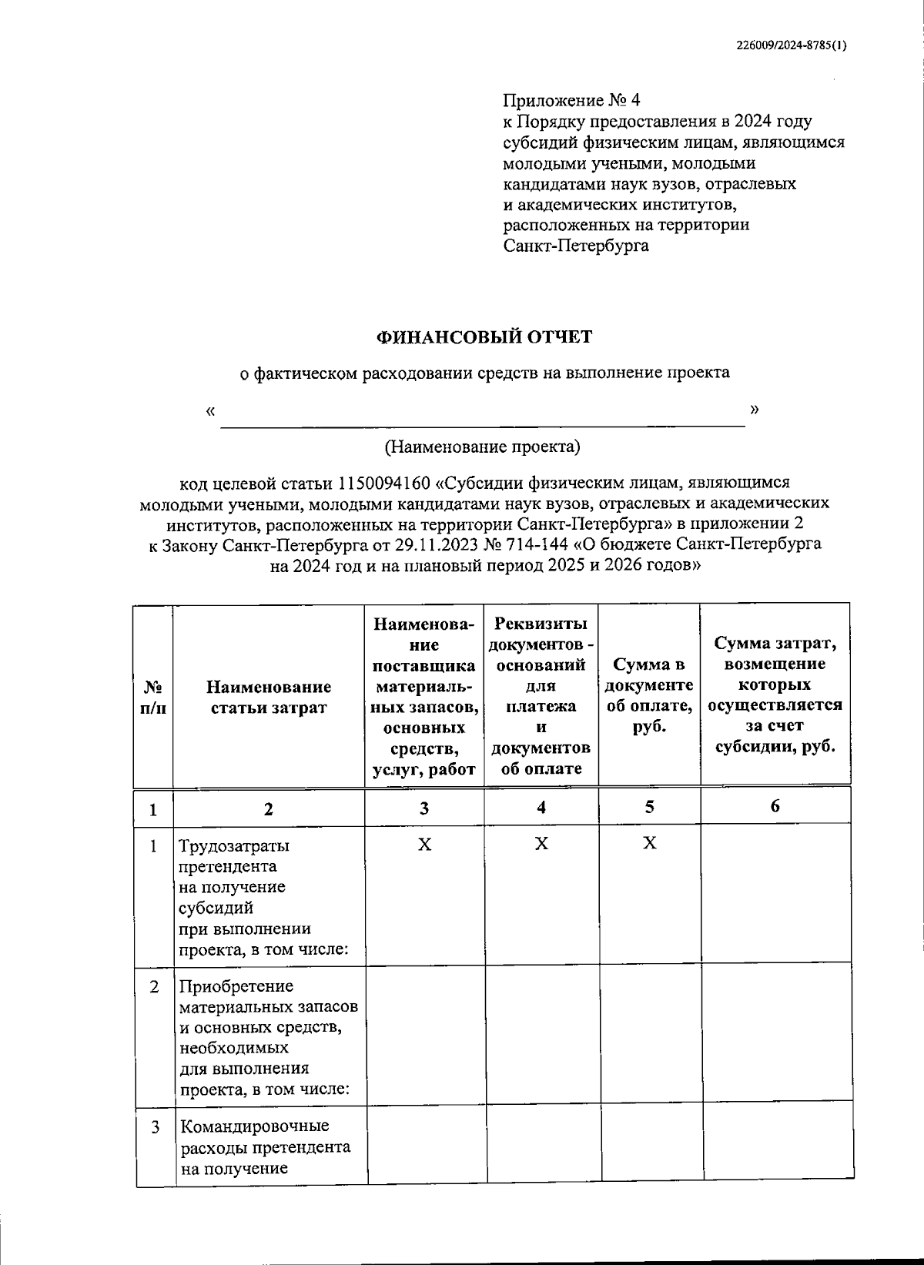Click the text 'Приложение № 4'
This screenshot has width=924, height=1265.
click(571, 101)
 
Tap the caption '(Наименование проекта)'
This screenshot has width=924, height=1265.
click(482, 447)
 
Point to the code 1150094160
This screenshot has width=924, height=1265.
click(383, 483)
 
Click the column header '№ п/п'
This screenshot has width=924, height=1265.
click(153, 697)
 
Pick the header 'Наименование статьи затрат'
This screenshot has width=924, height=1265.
click(268, 697)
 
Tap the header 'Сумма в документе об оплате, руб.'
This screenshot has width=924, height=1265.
click(649, 695)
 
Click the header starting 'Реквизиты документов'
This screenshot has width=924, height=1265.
click(541, 695)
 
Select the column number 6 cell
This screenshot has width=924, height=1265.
click(775, 806)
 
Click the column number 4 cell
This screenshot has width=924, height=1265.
click(541, 807)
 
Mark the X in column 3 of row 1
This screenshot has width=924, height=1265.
click(424, 845)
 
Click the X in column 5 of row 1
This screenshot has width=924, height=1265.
click(649, 843)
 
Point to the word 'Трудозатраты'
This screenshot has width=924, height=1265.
click(234, 846)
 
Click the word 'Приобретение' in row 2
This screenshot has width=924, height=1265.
click(236, 986)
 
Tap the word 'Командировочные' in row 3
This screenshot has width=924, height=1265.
click(254, 1126)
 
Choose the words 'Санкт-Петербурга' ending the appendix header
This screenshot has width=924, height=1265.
click(575, 246)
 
